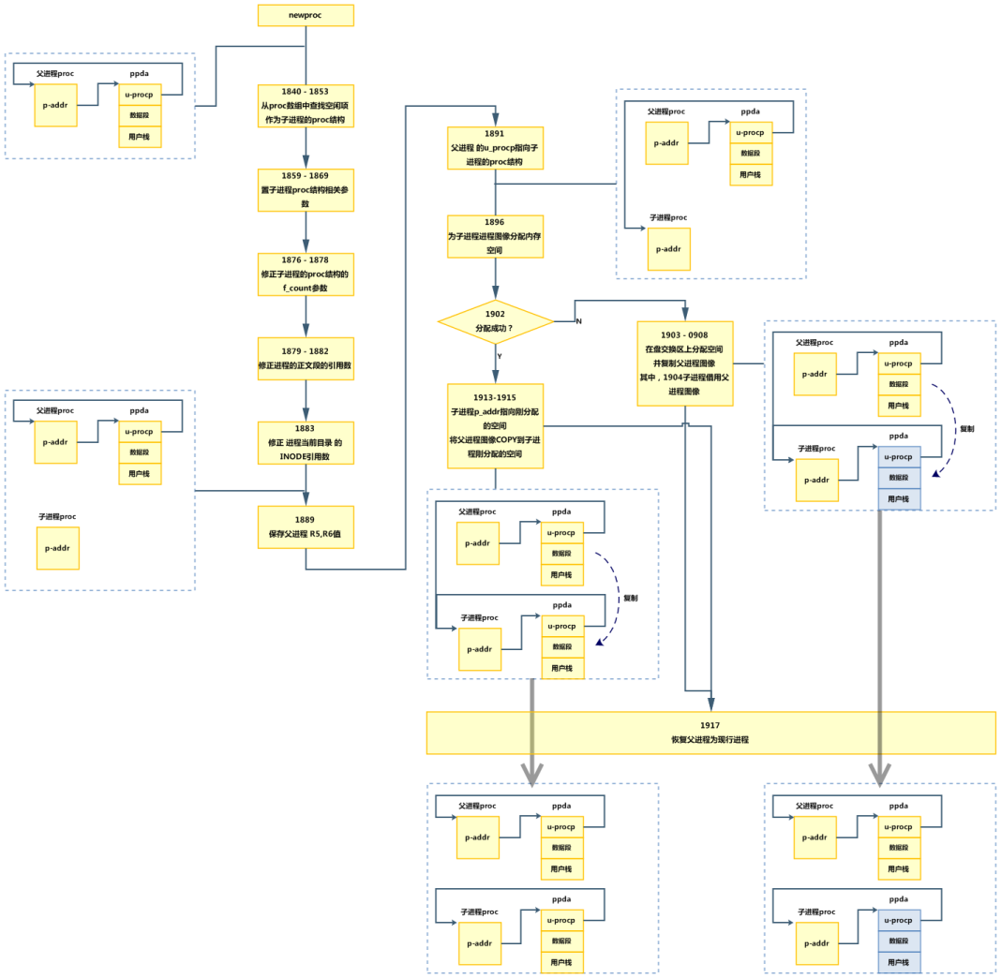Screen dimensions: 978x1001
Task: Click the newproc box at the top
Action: [306, 16]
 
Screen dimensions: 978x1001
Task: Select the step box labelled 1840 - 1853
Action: [306, 105]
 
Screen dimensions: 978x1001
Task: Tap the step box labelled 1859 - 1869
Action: [306, 189]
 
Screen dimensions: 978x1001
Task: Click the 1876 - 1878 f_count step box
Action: [306, 274]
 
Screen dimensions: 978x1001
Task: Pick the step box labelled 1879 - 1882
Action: [306, 358]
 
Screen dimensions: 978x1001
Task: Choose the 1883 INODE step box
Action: [306, 442]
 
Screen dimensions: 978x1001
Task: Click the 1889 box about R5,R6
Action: [306, 526]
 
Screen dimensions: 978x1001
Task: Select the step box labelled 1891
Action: [495, 148]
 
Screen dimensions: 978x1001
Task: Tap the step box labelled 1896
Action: [495, 236]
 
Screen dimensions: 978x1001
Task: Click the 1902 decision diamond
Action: [495, 320]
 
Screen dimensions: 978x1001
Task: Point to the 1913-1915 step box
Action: [495, 425]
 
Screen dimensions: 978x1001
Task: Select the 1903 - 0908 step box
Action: [685, 363]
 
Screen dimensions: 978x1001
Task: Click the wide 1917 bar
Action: [710, 733]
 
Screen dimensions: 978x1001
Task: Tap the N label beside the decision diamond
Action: [578, 321]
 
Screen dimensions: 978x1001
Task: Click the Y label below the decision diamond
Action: [500, 356]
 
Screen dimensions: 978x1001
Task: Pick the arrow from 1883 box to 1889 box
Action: [306, 484]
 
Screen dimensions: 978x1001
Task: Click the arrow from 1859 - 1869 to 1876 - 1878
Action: [306, 231]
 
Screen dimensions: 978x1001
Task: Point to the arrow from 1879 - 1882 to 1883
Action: [306, 400]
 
